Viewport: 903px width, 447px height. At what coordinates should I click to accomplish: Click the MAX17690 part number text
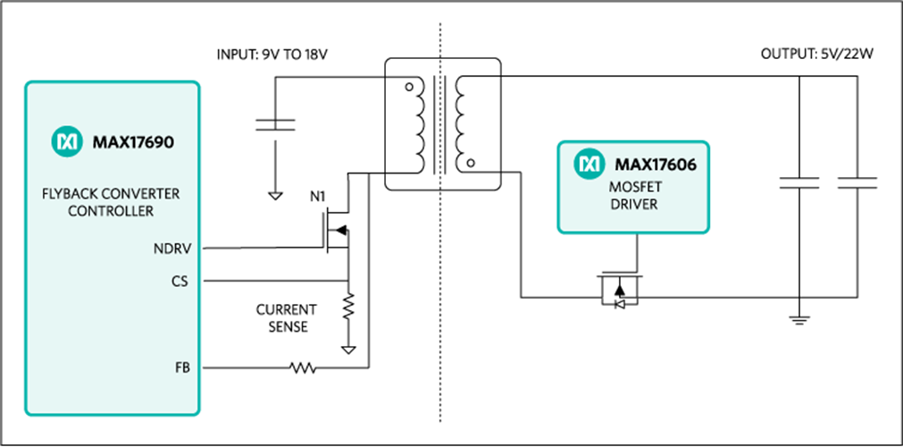point(133,141)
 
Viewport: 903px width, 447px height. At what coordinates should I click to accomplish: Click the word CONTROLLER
point(111,211)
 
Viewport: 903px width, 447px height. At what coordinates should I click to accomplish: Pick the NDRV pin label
point(171,249)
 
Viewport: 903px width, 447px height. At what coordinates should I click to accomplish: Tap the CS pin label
point(180,281)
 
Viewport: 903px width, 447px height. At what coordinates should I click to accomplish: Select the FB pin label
point(181,367)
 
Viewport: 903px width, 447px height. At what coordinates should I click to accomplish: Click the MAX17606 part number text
point(656,164)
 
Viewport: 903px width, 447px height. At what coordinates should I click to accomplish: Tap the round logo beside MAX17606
point(589,164)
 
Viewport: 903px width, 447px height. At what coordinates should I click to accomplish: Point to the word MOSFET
point(634,188)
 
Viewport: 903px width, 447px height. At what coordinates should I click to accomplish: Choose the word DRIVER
point(634,204)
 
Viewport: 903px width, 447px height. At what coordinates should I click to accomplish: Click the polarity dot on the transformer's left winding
point(410,88)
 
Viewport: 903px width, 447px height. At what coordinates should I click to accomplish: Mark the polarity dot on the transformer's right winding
point(471,163)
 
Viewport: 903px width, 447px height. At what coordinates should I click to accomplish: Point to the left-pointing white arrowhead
point(620,305)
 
